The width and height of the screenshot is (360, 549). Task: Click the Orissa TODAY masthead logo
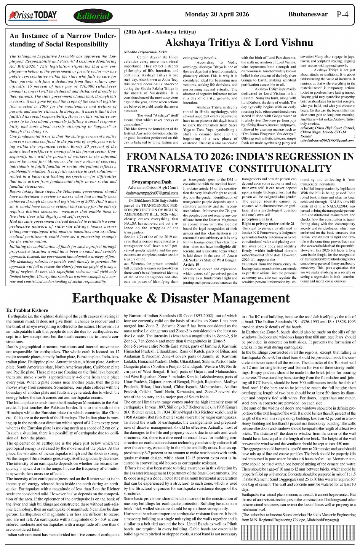(33, 16)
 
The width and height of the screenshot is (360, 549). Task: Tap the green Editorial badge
(93, 16)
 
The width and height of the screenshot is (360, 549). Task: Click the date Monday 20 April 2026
(217, 14)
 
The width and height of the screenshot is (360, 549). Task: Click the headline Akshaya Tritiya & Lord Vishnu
(238, 42)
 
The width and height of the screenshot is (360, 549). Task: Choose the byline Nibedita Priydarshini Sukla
(146, 51)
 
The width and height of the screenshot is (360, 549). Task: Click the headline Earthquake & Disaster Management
(181, 298)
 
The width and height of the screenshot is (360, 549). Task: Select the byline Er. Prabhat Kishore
(27, 310)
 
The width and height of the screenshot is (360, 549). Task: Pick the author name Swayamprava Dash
(152, 182)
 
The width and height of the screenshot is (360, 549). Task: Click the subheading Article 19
(191, 264)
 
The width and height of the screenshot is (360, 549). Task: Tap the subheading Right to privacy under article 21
(268, 223)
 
